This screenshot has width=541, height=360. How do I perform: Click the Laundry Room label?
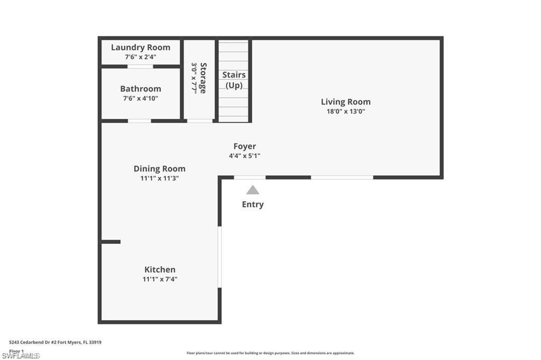pyautogui.click(x=141, y=48)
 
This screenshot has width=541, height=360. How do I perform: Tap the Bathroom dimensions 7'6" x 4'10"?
pyautogui.click(x=141, y=98)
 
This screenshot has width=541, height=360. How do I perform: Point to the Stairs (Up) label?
pyautogui.click(x=234, y=80)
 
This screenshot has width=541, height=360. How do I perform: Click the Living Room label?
pyautogui.click(x=346, y=102)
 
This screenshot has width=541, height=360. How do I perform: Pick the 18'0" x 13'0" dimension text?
pyautogui.click(x=346, y=111)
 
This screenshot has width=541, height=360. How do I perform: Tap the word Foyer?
pyautogui.click(x=245, y=146)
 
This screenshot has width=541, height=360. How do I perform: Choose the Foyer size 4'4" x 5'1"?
pyautogui.click(x=245, y=156)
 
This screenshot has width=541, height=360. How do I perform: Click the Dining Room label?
pyautogui.click(x=160, y=169)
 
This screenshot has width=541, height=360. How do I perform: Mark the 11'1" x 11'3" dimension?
pyautogui.click(x=160, y=178)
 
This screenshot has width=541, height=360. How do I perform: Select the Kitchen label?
pyautogui.click(x=160, y=270)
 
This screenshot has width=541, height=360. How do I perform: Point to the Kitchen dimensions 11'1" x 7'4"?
pyautogui.click(x=160, y=279)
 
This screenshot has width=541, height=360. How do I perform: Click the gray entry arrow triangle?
pyautogui.click(x=253, y=190)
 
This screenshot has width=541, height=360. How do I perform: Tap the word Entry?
pyautogui.click(x=253, y=204)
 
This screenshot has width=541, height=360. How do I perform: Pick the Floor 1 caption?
pyautogui.click(x=16, y=350)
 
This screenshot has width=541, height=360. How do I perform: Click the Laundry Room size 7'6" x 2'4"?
pyautogui.click(x=141, y=56)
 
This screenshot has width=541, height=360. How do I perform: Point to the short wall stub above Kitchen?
pyautogui.click(x=111, y=242)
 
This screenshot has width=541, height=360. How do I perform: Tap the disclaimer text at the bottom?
pyautogui.click(x=270, y=353)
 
